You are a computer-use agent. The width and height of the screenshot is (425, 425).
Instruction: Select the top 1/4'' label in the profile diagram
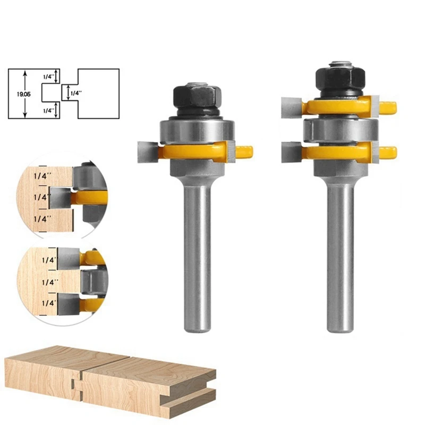pyautogui.click(x=48, y=76)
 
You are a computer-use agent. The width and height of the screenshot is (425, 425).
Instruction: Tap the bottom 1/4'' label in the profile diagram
pyautogui.click(x=48, y=110)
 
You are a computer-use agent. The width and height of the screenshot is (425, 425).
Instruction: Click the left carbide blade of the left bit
pyautogui.click(x=147, y=151)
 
